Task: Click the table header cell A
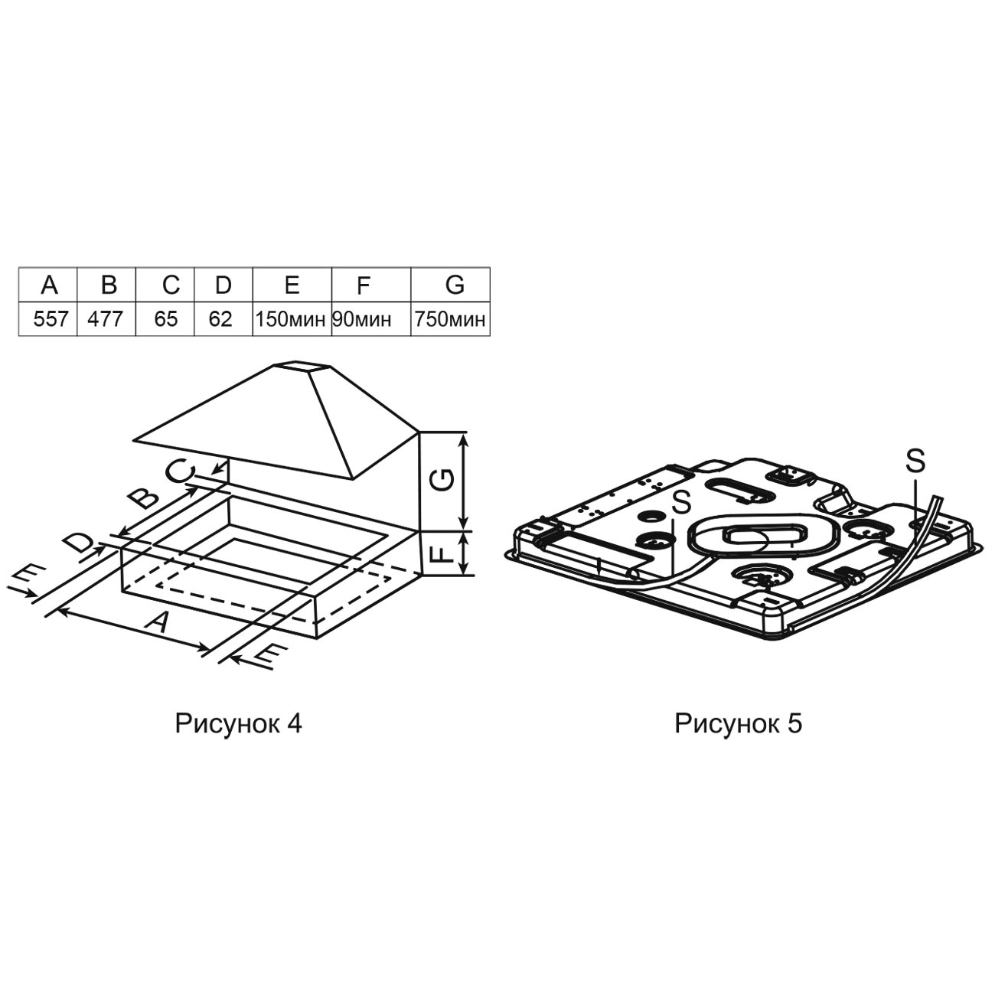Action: [x=48, y=285]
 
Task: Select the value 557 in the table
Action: [x=50, y=319]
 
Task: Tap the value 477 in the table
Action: [x=106, y=319]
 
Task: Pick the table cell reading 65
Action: [x=166, y=319]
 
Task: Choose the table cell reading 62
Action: [x=220, y=319]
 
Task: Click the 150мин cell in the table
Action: [x=291, y=319]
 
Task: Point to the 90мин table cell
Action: [x=362, y=319]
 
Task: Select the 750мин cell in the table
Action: [x=450, y=319]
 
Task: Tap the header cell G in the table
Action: [x=455, y=285]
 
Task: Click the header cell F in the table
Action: [x=364, y=285]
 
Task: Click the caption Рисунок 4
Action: [x=238, y=724]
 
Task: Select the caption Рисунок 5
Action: [x=739, y=724]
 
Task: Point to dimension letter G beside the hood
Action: [x=443, y=480]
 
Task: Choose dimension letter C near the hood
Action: [x=181, y=471]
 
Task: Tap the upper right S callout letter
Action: [x=915, y=461]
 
